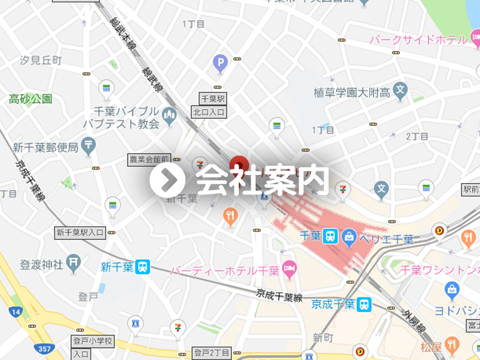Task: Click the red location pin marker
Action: tap(238, 165)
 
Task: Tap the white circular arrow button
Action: tap(167, 180)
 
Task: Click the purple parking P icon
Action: tap(219, 62)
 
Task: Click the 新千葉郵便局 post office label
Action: tap(46, 147)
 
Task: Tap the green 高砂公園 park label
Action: tap(31, 99)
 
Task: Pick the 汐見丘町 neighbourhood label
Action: tap(41, 60)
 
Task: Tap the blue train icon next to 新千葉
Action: tap(143, 267)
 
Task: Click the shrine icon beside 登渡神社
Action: tap(74, 264)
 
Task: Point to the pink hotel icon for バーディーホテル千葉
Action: tap(289, 270)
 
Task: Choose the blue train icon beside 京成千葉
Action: tap(364, 304)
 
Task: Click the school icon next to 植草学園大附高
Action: tap(401, 92)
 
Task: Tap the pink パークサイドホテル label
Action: tap(419, 40)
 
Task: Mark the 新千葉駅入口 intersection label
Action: tap(81, 232)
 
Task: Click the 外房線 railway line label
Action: tap(414, 321)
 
